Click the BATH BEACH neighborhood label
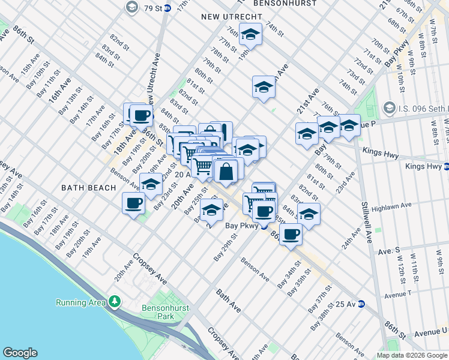pos(88,188)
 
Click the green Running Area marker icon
pos(113,302)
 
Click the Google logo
pos(20,353)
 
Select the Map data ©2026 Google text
pos(411,355)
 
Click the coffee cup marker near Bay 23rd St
pos(133,203)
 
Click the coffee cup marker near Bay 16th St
pos(141,115)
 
